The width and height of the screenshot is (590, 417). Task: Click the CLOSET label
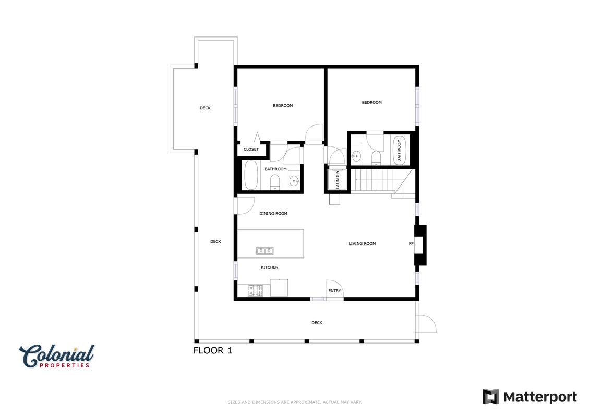251,149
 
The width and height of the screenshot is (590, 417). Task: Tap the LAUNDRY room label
338,179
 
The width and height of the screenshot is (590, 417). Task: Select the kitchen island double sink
265,250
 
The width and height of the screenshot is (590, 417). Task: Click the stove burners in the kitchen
256,290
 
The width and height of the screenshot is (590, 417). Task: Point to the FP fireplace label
411,243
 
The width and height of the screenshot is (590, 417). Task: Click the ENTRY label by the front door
334,291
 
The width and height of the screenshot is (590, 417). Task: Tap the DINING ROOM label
273,214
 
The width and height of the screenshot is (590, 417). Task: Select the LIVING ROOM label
362,243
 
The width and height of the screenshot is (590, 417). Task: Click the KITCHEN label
269,267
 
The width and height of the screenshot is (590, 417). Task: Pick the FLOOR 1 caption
213,350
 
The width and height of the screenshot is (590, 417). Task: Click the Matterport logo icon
491,397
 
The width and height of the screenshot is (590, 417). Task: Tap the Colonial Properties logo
57,355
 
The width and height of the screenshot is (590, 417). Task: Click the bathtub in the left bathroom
250,175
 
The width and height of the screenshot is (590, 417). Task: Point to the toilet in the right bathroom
376,157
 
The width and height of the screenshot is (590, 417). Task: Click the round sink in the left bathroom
294,181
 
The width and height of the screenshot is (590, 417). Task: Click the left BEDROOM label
283,106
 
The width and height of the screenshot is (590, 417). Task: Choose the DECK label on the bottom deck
317,323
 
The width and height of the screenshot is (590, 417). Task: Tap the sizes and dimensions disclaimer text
295,402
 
